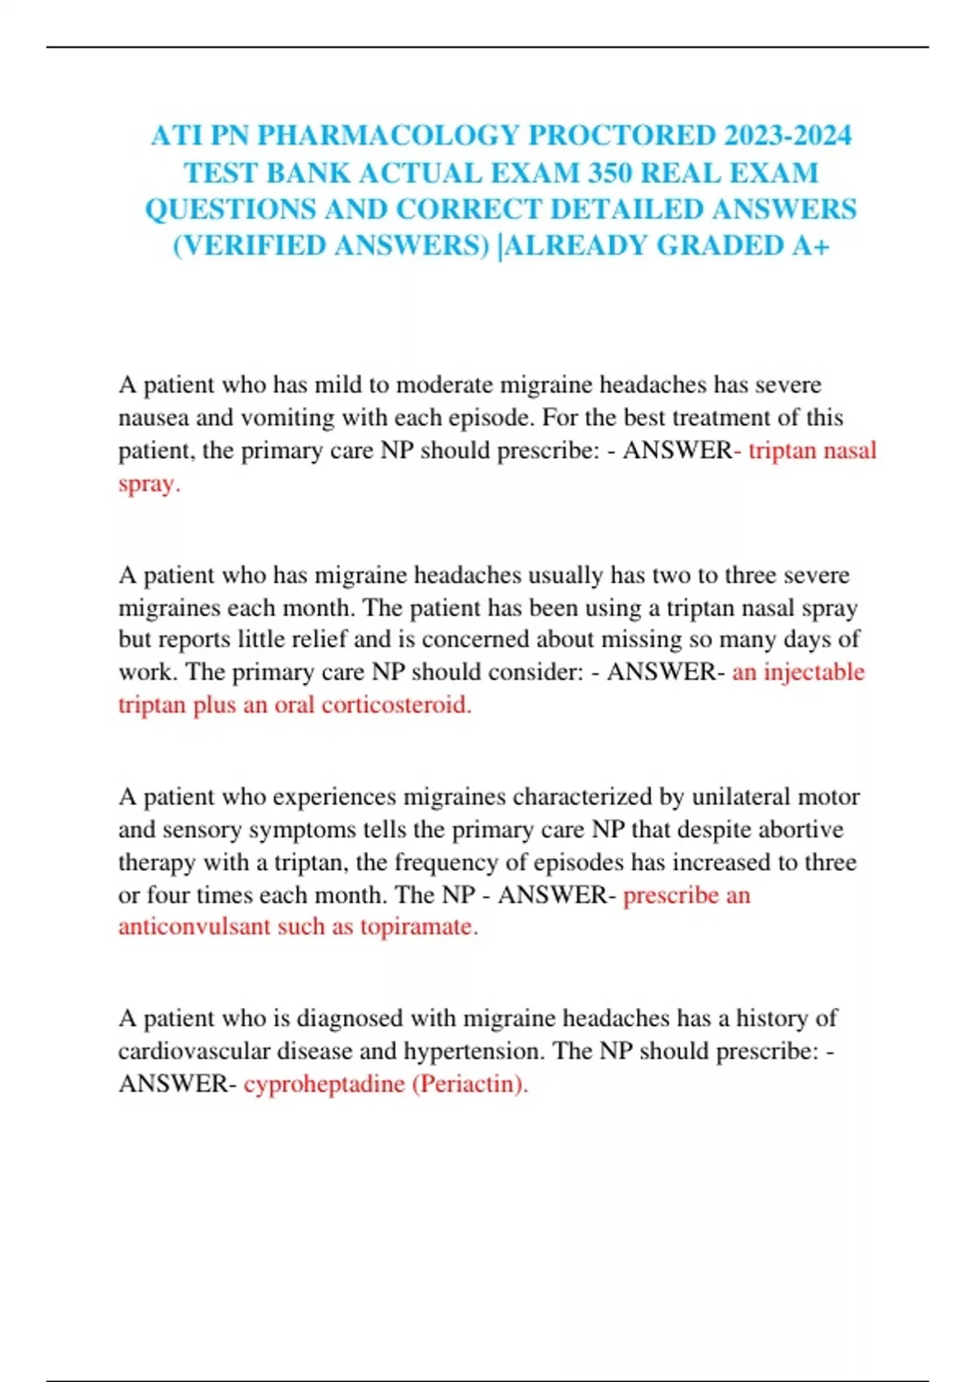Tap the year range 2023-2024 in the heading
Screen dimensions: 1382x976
pos(787,135)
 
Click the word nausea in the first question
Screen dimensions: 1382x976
pos(154,418)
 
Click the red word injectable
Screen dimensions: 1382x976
pos(814,672)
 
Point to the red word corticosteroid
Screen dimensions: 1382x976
pos(396,705)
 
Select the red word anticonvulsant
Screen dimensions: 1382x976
pos(194,927)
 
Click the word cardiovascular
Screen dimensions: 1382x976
pos(194,1051)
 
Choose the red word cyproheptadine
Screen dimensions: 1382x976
pos(324,1084)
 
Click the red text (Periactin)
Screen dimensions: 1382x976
pos(470,1084)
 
